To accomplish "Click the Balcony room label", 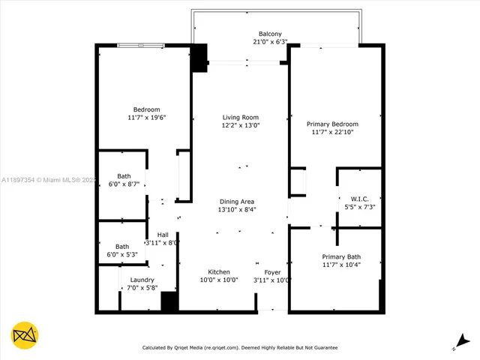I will pos(270,34).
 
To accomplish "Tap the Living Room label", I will pos(240,117).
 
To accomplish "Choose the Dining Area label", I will pos(236,201).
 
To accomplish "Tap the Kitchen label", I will pos(219,271).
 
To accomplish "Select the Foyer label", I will pos(272,271).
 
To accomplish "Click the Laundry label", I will pos(142,280).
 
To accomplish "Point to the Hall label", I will pos(162,235).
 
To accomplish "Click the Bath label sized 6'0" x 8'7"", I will pos(124,176).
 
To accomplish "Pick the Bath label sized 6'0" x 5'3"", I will pos(121,247).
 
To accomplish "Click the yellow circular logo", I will pos(25,335).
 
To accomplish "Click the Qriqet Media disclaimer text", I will pos(240,347).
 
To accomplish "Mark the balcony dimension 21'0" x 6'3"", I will pos(270,43).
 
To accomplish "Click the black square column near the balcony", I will pos(199,59).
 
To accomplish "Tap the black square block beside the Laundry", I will pos(169,301).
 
